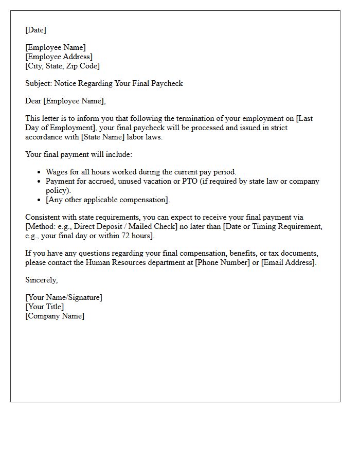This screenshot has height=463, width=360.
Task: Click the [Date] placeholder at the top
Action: pos(35,30)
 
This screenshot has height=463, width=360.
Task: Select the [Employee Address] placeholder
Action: pos(59,57)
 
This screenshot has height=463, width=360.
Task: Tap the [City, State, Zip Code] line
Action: pos(62,66)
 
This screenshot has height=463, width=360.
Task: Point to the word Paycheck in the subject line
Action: pos(166,83)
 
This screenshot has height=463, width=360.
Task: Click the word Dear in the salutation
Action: pos(33,101)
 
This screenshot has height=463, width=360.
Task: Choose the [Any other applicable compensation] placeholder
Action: pos(107,200)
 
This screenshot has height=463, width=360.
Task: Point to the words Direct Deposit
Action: pos(92,226)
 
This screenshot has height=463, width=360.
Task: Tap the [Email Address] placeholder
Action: pos(289,262)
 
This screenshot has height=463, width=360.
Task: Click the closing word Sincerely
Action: pos(41,280)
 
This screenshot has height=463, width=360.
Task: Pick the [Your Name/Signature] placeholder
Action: pos(63,297)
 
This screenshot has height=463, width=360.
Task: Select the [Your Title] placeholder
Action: pos(44,307)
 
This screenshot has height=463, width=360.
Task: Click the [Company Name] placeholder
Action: pos(55,316)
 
